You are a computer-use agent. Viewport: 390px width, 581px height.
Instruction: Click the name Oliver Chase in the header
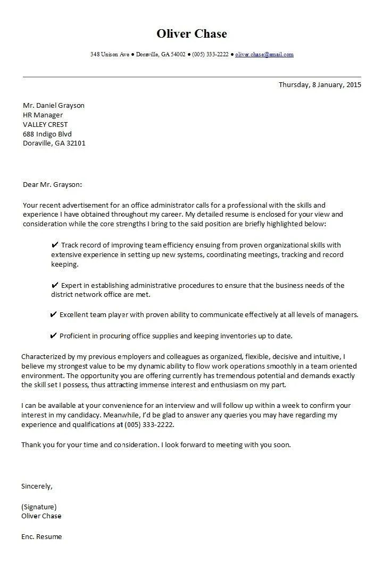[x=192, y=34]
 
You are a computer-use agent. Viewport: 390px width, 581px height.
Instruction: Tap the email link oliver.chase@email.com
[x=264, y=55]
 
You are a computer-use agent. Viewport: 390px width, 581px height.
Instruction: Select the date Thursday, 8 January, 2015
[x=320, y=84]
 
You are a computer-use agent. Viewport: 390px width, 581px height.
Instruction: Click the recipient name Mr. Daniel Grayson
[x=53, y=105]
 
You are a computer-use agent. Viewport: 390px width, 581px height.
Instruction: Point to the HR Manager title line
[x=43, y=115]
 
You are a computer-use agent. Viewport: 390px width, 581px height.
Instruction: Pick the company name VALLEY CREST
[x=45, y=124]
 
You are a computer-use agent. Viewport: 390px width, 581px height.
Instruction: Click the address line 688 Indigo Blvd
[x=47, y=134]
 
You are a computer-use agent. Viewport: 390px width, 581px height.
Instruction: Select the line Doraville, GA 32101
[x=54, y=143]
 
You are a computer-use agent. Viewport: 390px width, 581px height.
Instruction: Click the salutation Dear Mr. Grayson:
[x=52, y=185]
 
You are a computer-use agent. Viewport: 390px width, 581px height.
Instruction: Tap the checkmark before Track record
[x=55, y=245]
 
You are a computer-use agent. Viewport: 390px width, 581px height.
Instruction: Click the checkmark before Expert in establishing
[x=55, y=285]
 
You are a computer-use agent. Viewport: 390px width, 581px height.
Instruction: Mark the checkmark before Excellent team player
[x=53, y=314]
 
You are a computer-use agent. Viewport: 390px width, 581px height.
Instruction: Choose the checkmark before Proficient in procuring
[x=53, y=336]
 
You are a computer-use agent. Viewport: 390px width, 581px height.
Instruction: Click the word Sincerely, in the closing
[x=37, y=486]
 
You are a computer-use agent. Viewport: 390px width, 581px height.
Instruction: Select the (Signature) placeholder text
[x=39, y=507]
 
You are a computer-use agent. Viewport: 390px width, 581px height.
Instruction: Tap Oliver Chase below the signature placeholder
[x=41, y=516]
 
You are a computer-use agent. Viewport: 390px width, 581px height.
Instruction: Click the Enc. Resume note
[x=42, y=536]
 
